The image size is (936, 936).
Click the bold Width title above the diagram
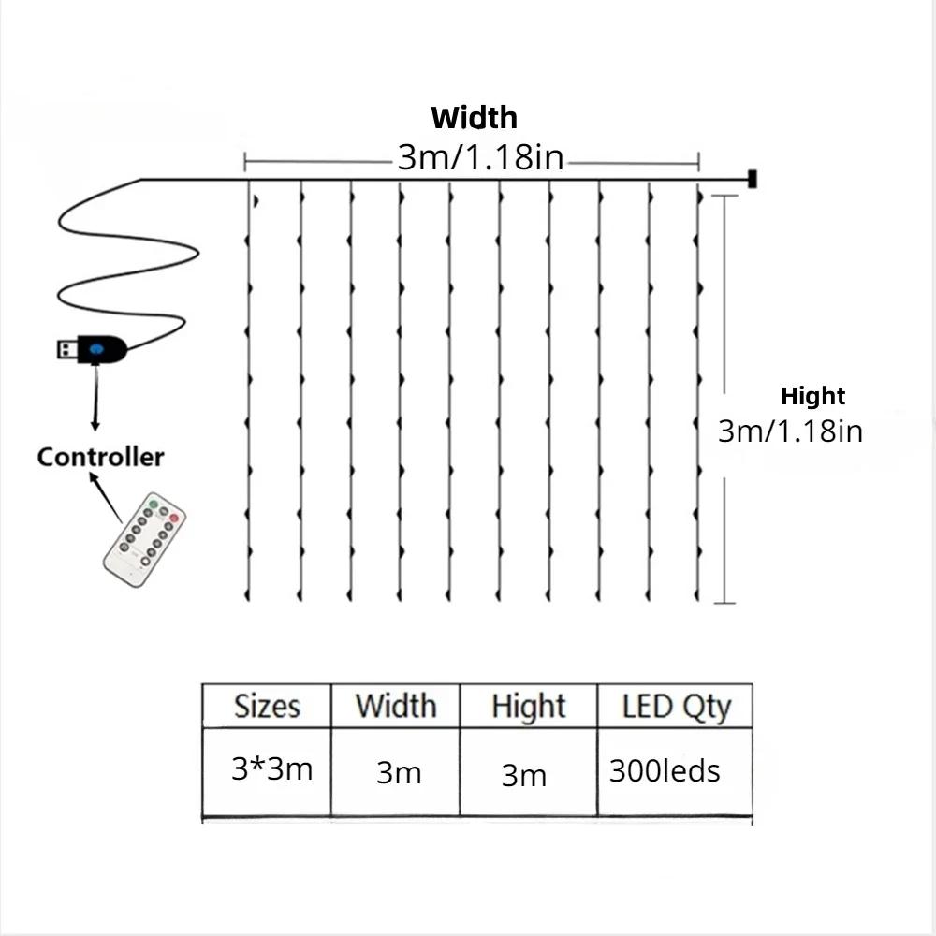(x=474, y=118)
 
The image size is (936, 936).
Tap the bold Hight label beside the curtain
(x=812, y=396)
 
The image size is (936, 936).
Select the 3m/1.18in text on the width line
(x=480, y=158)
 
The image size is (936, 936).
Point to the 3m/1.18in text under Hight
(x=790, y=431)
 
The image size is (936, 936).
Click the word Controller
(x=100, y=457)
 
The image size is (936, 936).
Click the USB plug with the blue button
(x=89, y=350)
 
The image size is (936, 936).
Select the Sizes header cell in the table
(x=267, y=706)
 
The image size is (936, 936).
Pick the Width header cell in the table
(x=395, y=706)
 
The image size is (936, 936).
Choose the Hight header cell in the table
(x=528, y=706)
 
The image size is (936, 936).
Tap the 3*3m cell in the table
(x=271, y=769)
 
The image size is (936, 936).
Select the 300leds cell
(x=664, y=771)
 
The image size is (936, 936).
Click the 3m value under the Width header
(x=399, y=773)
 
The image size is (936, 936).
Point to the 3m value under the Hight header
(x=523, y=775)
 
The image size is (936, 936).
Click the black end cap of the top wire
(x=751, y=178)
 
